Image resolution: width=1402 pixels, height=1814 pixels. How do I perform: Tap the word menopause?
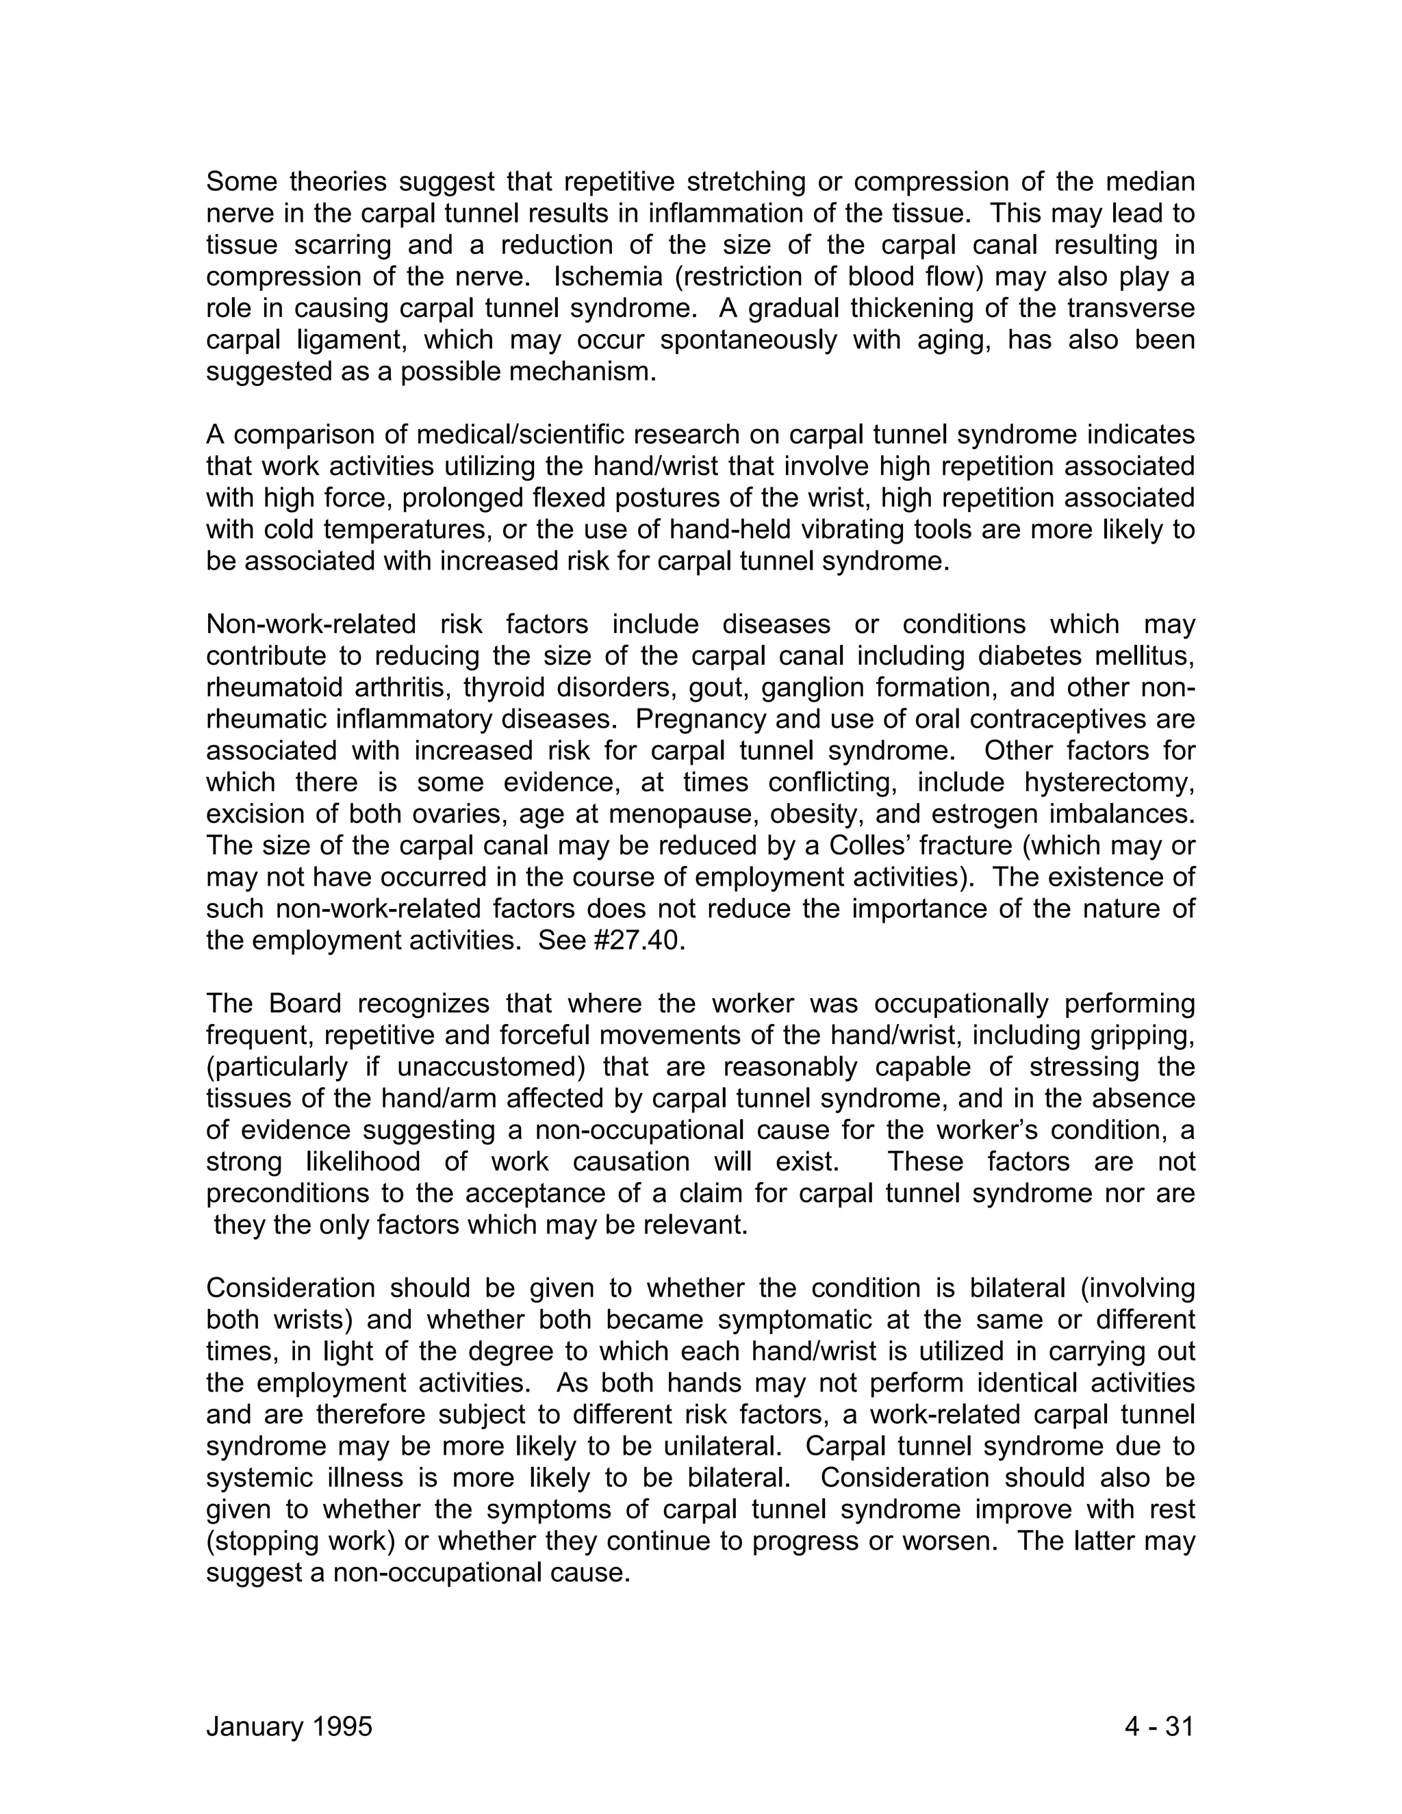[704, 814]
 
